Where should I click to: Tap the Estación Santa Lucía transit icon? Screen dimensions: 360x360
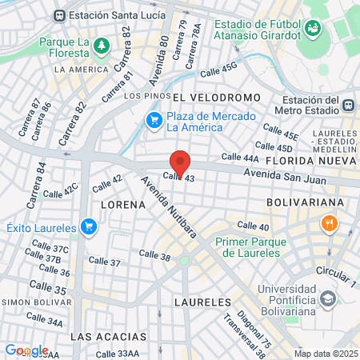(x=60, y=15)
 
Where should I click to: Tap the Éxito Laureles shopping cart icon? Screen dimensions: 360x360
(x=89, y=228)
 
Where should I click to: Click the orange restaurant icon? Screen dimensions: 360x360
(x=327, y=225)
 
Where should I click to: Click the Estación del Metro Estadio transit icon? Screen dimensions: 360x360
(x=348, y=104)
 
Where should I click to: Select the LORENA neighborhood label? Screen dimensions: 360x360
(x=123, y=205)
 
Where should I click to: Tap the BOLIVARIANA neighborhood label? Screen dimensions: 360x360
(x=304, y=202)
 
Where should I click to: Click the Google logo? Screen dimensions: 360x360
(x=26, y=350)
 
